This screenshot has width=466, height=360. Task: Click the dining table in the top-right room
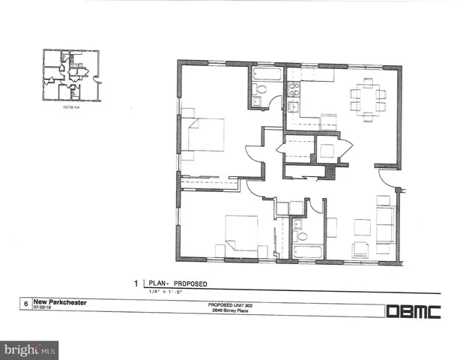(x=368, y=96)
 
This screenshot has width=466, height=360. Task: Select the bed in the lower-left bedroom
(x=241, y=232)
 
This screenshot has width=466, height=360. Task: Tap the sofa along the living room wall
(x=386, y=225)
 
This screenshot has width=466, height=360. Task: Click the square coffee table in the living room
(x=362, y=227)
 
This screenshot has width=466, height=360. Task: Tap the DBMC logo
(x=413, y=311)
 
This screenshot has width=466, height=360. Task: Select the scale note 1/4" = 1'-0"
(x=166, y=291)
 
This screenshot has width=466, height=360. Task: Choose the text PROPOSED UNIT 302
(x=230, y=304)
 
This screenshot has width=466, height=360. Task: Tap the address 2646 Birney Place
(x=230, y=310)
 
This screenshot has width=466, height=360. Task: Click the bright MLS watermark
(x=30, y=349)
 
